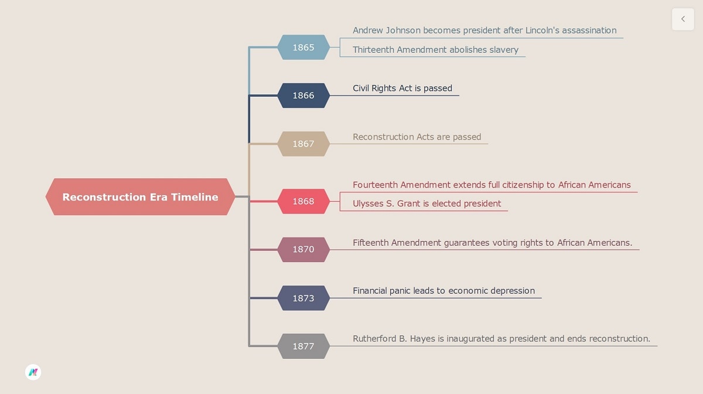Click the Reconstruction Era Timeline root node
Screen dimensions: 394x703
(x=140, y=197)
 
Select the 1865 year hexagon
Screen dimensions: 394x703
(x=303, y=47)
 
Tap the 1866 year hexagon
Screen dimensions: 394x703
(x=303, y=96)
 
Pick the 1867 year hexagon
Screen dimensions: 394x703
(x=303, y=144)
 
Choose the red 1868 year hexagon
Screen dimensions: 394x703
(x=303, y=201)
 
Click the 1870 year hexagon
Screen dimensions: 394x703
(x=303, y=249)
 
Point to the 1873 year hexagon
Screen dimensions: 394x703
(x=303, y=298)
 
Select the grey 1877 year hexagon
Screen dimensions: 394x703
(x=303, y=346)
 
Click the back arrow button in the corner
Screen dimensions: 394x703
(x=682, y=19)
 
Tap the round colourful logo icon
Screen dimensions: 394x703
(x=33, y=372)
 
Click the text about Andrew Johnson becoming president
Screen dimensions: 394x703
(x=484, y=30)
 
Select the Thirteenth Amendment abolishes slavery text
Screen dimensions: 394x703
(x=435, y=50)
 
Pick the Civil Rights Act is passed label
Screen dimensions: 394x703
(x=402, y=89)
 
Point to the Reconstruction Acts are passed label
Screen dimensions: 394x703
(x=417, y=137)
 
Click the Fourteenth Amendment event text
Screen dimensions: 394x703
(x=492, y=185)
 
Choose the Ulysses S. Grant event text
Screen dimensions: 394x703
(x=426, y=204)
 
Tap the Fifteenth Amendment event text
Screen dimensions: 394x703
(x=492, y=243)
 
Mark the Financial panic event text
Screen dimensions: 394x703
(x=443, y=291)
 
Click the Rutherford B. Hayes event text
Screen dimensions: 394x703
(x=501, y=339)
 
